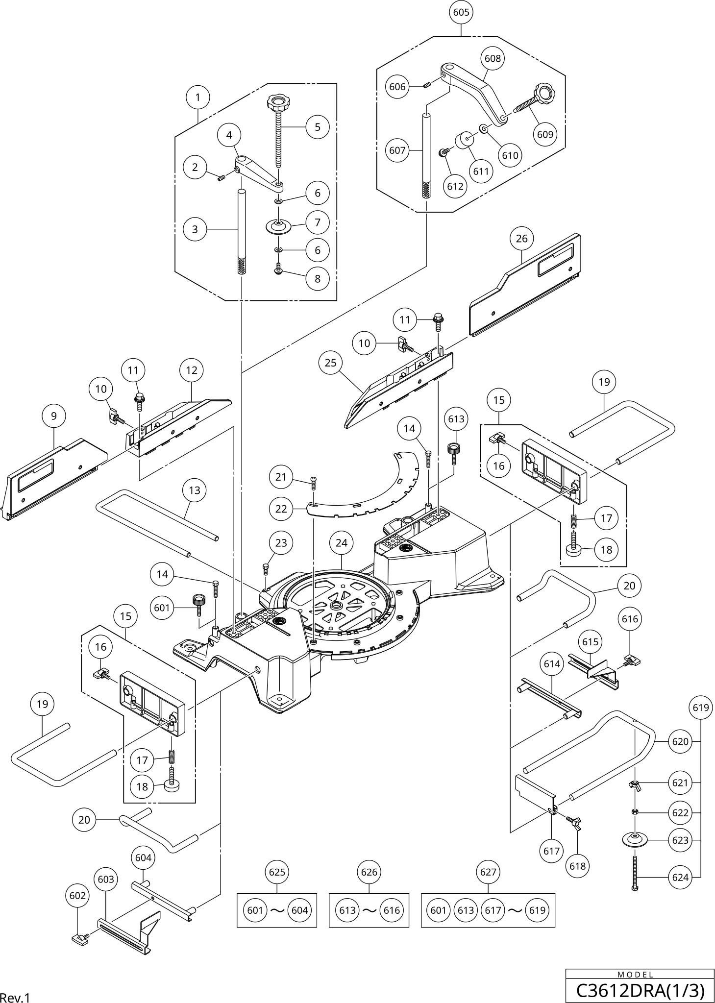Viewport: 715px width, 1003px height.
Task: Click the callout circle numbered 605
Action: click(461, 12)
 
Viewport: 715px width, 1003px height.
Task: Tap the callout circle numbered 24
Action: click(342, 543)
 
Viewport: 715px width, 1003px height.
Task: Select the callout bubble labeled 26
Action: click(522, 238)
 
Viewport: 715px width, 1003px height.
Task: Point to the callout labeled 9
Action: click(54, 416)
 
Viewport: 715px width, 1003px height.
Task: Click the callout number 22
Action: click(281, 509)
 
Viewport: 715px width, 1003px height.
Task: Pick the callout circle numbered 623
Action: click(680, 840)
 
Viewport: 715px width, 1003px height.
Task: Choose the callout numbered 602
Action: click(77, 895)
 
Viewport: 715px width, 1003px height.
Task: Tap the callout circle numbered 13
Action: click(195, 490)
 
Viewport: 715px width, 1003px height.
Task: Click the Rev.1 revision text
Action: click(15, 998)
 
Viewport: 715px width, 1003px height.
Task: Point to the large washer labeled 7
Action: click(278, 226)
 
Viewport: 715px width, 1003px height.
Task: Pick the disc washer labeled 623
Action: click(635, 839)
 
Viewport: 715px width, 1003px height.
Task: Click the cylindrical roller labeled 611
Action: click(464, 140)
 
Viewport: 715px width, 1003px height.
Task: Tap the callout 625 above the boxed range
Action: click(277, 872)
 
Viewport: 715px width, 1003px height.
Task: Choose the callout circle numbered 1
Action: click(197, 97)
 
